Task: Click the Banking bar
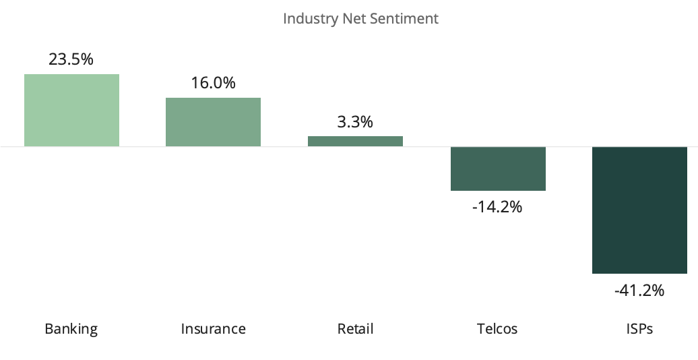pos(71,110)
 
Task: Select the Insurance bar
pos(213,122)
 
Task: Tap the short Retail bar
pos(355,141)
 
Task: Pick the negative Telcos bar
pos(498,169)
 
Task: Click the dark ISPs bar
pos(639,210)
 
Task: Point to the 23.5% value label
pos(71,59)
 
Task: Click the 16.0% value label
pos(213,83)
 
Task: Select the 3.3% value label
pos(355,122)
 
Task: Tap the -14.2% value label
pos(497,207)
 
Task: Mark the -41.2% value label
pos(639,291)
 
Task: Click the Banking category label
pos(71,329)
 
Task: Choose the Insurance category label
pos(213,329)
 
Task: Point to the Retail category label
pos(355,329)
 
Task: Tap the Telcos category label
pos(497,329)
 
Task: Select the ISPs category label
pos(639,329)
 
